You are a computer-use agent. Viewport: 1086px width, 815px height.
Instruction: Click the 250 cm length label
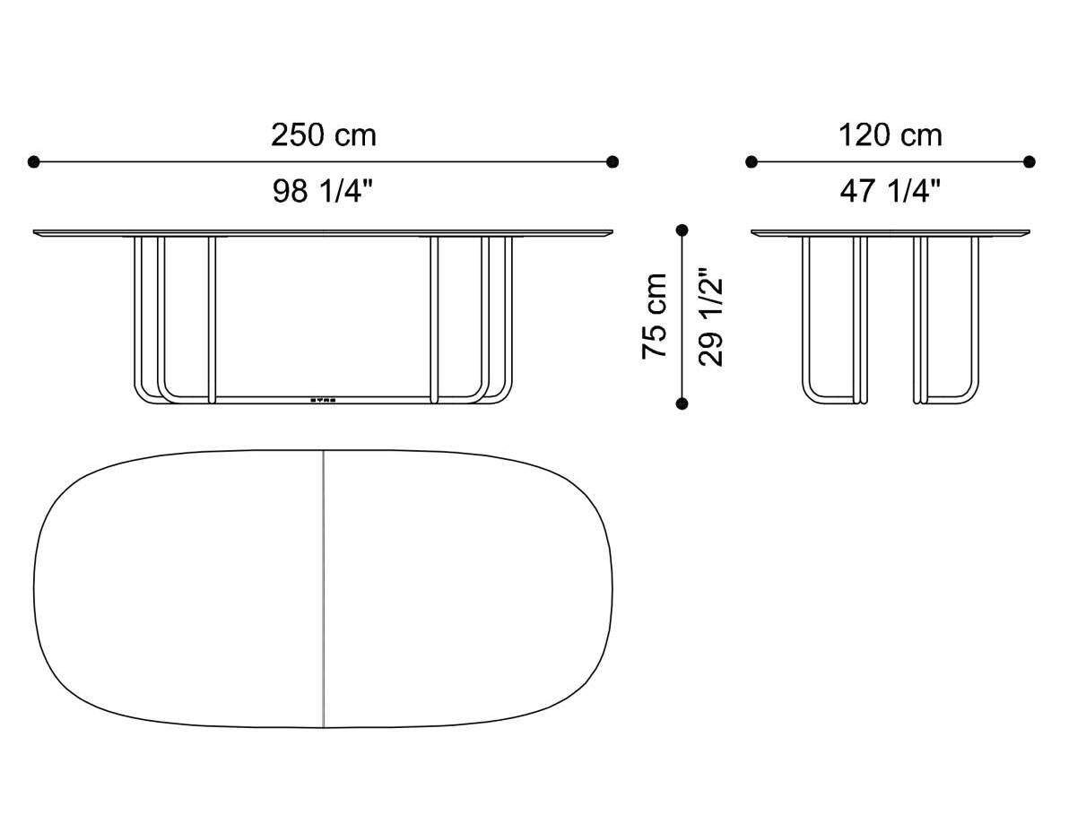324,135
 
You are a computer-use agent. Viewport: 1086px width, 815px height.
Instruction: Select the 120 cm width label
890,135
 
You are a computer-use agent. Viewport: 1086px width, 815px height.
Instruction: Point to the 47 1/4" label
890,191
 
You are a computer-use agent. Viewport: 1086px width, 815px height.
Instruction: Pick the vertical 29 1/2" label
710,316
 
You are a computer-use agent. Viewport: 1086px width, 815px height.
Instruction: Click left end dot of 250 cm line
34,162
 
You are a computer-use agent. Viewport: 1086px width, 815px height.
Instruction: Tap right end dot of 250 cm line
613,162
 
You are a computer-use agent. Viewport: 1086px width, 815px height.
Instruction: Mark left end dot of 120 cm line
752,162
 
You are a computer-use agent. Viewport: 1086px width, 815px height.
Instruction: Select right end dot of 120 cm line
1030,162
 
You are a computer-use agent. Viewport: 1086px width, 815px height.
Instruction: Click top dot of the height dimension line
682,230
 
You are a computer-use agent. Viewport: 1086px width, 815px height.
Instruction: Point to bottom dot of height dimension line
682,404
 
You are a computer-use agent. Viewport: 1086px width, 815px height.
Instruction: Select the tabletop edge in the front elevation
323,233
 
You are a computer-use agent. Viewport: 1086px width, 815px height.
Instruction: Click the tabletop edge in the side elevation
890,233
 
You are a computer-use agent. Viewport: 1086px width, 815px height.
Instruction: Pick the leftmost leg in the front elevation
138,314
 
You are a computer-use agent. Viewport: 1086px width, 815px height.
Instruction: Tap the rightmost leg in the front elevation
508,314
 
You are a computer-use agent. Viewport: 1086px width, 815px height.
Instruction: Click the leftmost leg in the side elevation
805,314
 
